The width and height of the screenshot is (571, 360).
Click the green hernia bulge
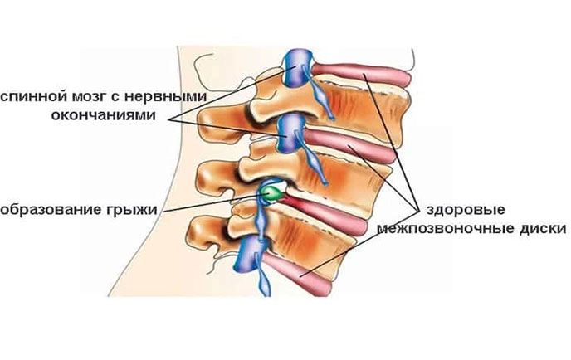tap(272, 193)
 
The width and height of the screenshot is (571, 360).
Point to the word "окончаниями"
tap(103, 115)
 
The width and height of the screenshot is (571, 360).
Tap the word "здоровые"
tap(466, 210)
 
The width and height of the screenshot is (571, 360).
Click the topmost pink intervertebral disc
tap(360, 74)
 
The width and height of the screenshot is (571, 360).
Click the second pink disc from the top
tap(349, 146)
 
